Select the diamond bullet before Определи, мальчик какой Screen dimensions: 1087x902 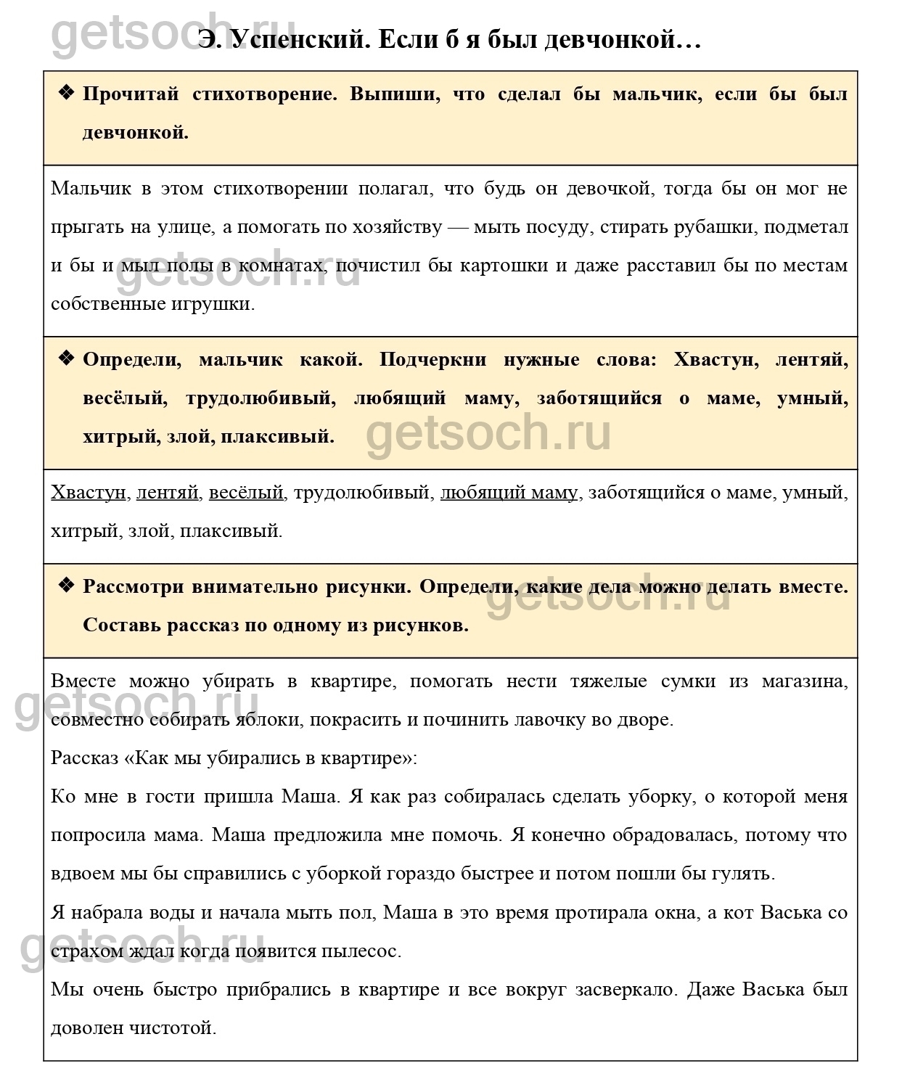[x=66, y=358]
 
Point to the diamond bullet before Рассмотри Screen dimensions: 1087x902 [x=66, y=586]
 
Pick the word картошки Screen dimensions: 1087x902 [x=504, y=266]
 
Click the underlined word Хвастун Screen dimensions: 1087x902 [x=89, y=493]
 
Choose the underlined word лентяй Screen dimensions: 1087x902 [x=167, y=493]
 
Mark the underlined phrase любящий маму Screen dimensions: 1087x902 [x=509, y=493]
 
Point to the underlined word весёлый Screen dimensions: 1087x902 [x=246, y=493]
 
